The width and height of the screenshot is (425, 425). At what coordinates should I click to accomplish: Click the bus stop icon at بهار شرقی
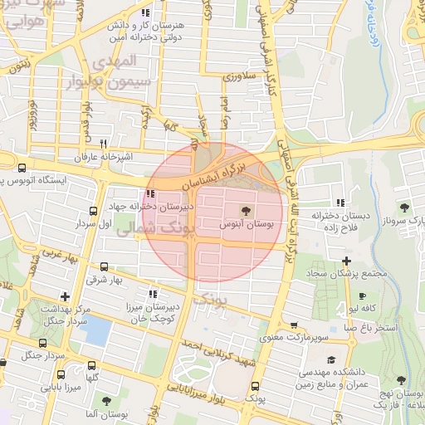[x=104, y=267]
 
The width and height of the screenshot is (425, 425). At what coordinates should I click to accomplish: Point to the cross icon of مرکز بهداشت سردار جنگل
[x=65, y=296]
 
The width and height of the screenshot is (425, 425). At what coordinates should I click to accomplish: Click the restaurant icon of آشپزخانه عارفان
[x=104, y=144]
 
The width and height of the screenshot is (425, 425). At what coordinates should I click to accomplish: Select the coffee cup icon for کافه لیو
[x=362, y=296]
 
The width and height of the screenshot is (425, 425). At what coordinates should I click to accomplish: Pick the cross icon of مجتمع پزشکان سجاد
[x=345, y=262]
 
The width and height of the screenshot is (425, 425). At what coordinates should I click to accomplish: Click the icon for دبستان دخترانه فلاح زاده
[x=340, y=203]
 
